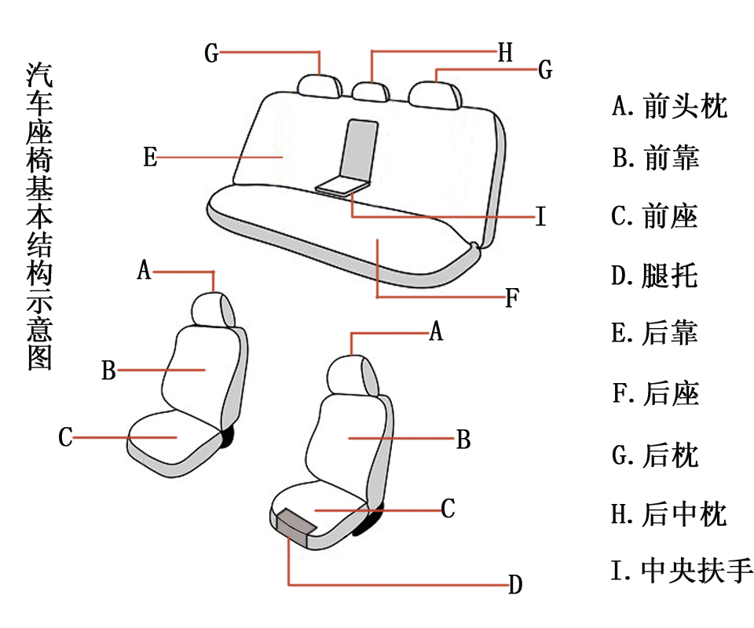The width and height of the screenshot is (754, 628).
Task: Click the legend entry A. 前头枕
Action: coord(670,105)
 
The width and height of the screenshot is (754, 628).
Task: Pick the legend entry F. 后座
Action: coord(655,392)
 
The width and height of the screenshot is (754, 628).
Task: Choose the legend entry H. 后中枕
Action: coord(669,514)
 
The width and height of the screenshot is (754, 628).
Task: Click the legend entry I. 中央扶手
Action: coord(682,570)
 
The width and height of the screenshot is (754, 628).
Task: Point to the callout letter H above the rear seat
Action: coord(505,53)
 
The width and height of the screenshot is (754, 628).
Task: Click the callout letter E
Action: coord(150,157)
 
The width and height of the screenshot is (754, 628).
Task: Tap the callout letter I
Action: coord(540,217)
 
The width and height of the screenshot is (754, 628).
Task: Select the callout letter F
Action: coord(511,298)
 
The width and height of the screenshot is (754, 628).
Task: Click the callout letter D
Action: coord(514,584)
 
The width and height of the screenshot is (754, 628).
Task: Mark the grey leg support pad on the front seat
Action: coord(293,524)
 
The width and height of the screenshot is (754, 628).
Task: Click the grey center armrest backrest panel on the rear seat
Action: coord(361,149)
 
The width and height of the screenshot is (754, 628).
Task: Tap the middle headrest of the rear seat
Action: coord(370,91)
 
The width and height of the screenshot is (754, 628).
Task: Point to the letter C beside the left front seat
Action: coord(66,437)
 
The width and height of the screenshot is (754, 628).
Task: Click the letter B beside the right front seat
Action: coord(463,440)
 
